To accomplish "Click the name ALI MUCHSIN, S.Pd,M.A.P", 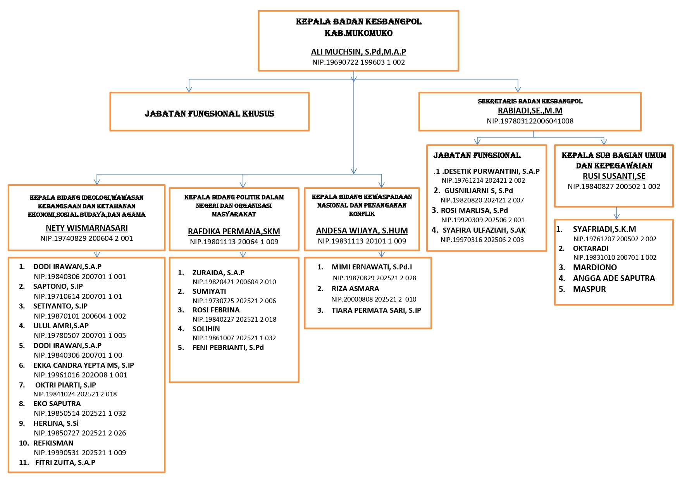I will tap(358, 52).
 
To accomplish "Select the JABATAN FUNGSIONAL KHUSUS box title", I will tap(209, 114).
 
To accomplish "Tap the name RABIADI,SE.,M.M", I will tap(530, 111).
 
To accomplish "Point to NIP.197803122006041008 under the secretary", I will tap(530, 121).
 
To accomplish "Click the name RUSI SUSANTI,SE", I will tap(614, 176).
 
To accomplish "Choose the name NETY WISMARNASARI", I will tap(86, 228).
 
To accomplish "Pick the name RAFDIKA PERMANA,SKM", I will tap(234, 231).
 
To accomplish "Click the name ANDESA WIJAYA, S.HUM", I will tap(362, 231).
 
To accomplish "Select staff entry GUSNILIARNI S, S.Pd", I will tap(478, 191).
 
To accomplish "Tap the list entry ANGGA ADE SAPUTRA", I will tap(614, 278).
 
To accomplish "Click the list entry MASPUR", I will tap(589, 289).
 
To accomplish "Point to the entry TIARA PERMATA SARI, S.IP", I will tap(376, 310).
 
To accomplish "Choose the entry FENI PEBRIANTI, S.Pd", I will tap(228, 348).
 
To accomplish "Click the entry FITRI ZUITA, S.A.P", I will tap(65, 463).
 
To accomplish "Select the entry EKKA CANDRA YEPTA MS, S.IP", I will tap(83, 365).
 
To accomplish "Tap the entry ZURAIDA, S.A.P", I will tap(218, 273).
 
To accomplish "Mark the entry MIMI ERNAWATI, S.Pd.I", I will tap(372, 267).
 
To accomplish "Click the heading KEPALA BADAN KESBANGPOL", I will tap(358, 22).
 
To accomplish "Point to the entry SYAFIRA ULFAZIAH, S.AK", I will tap(484, 230).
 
